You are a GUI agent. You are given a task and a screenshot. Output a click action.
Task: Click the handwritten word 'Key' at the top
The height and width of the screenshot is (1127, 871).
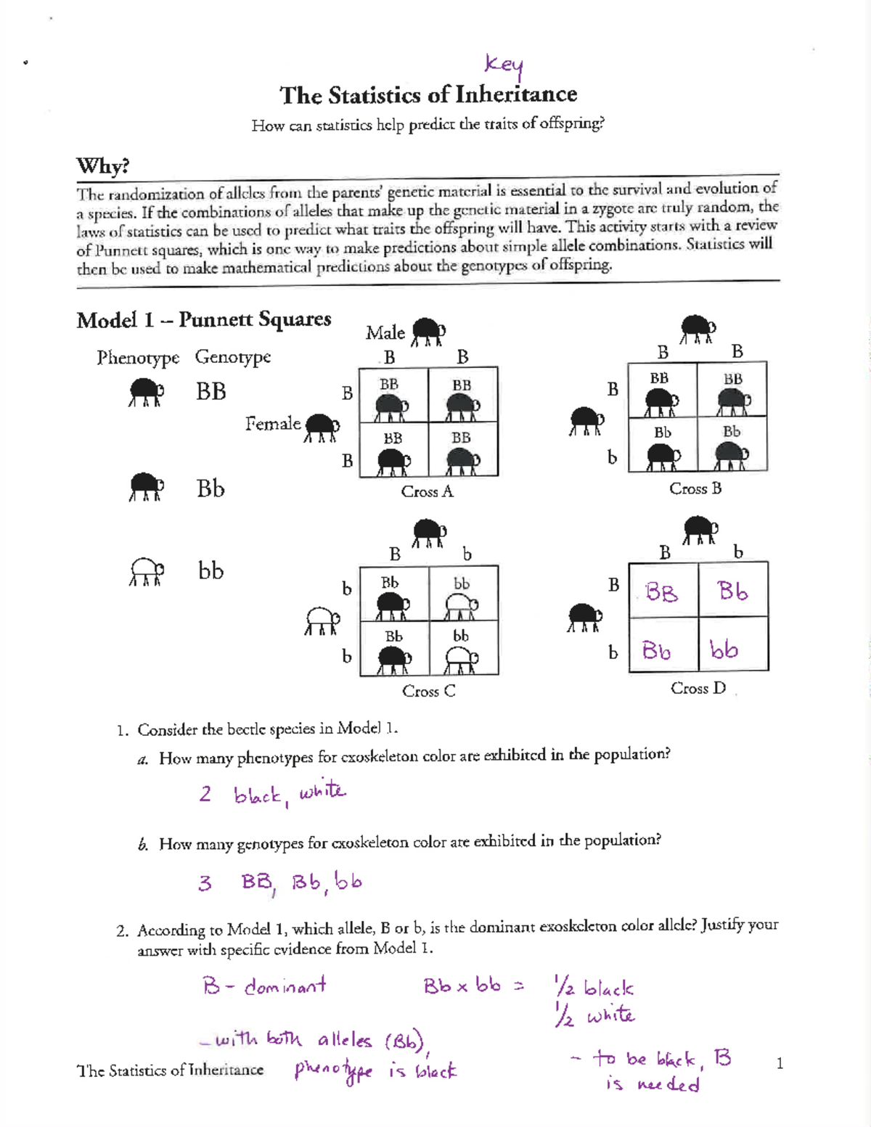click(x=504, y=65)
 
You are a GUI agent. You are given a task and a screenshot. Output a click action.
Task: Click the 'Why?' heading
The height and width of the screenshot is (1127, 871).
click(x=102, y=165)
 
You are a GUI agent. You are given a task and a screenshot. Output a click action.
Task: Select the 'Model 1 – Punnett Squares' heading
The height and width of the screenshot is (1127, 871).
click(x=204, y=319)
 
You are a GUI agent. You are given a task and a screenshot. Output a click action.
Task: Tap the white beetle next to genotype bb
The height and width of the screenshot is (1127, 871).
click(x=147, y=572)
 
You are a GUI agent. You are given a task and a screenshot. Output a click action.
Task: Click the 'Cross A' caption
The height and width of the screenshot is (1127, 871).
click(x=427, y=491)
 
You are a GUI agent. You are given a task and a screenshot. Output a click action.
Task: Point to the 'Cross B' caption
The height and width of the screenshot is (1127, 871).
click(x=695, y=488)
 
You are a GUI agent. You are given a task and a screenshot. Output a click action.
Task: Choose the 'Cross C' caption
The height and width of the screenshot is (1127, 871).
click(x=428, y=691)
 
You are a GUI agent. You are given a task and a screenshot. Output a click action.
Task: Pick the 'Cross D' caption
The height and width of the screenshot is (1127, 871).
click(x=698, y=688)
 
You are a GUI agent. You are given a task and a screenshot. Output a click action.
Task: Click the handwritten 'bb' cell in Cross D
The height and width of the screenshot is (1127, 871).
click(x=724, y=649)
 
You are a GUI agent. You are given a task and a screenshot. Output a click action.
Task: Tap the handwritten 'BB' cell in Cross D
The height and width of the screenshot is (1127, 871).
click(x=661, y=592)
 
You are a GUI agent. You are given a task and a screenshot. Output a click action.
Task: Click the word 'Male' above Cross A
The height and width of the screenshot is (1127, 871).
click(x=385, y=332)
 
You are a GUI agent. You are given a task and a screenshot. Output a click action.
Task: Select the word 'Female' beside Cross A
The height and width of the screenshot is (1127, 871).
click(x=272, y=423)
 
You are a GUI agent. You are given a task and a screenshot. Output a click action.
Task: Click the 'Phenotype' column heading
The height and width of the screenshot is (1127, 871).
click(x=138, y=357)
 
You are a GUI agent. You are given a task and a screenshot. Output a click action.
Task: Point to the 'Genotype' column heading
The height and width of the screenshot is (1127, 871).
click(x=232, y=356)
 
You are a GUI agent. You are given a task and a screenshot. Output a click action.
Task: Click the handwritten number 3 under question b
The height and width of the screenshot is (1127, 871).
click(x=205, y=883)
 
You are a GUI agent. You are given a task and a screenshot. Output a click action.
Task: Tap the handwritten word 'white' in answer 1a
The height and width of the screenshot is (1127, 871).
click(x=322, y=790)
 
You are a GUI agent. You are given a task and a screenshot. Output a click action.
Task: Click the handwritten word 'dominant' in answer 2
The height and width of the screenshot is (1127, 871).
click(x=285, y=986)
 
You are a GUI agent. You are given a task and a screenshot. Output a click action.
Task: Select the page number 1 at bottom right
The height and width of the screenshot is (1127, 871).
click(x=780, y=1064)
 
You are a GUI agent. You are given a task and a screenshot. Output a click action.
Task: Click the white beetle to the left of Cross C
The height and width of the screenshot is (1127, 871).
click(x=322, y=620)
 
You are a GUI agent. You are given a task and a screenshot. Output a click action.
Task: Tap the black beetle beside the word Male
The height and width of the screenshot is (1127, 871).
click(x=428, y=331)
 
